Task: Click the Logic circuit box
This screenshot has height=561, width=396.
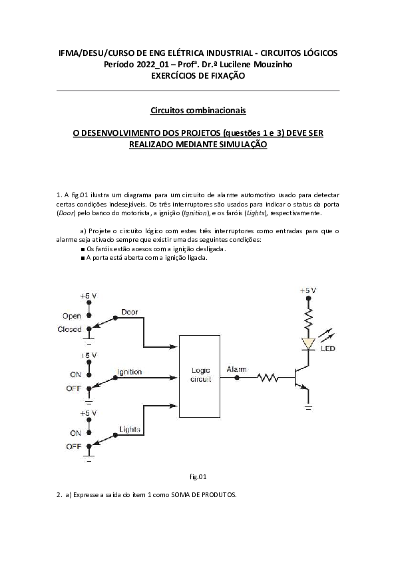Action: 200,376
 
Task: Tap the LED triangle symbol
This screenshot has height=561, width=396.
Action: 308,344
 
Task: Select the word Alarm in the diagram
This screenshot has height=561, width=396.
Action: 236,368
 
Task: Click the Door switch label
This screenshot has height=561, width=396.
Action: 130,312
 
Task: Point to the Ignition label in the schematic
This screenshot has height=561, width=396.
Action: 129,371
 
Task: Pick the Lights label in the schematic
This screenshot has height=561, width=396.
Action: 129,429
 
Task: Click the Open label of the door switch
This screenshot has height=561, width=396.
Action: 72,315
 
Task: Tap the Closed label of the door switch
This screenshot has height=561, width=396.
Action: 70,329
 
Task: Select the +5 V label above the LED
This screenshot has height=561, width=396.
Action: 307,290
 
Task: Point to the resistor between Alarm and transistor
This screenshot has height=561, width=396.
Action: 268,378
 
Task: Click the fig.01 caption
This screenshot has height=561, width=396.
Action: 198,476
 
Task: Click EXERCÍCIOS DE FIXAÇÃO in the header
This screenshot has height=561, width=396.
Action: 198,76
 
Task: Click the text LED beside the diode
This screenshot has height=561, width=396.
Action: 328,348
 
